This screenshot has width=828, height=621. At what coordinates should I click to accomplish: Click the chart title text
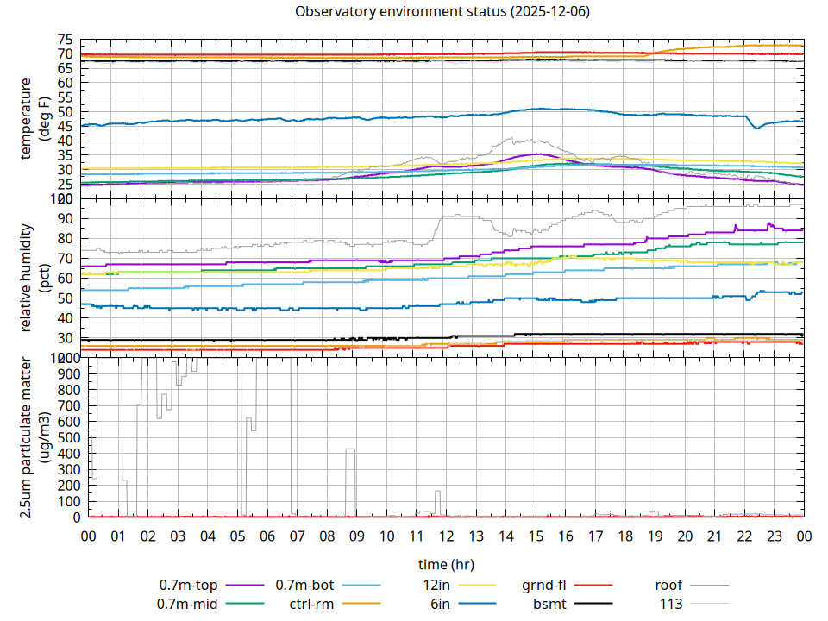tap(442, 12)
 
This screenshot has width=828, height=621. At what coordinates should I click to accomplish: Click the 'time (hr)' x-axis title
tap(445, 564)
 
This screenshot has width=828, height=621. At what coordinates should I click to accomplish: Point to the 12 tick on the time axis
tap(446, 536)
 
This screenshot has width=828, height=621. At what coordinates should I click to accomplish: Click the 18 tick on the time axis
tap(625, 536)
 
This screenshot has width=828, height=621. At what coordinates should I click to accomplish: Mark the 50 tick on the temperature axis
tap(66, 112)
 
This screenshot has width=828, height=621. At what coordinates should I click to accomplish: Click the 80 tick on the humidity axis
tap(66, 238)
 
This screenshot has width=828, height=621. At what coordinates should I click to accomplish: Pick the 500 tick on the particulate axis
tap(62, 437)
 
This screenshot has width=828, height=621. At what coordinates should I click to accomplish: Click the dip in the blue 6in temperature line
tap(756, 128)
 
